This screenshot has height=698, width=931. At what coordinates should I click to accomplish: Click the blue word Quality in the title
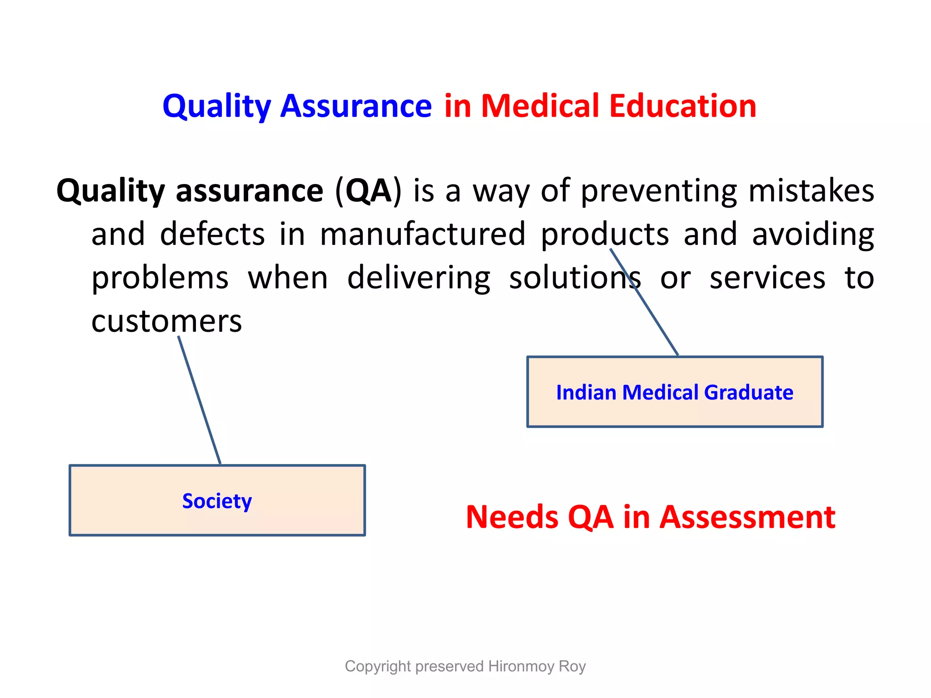click(x=216, y=106)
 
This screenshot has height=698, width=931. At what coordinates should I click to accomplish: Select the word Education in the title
click(x=682, y=106)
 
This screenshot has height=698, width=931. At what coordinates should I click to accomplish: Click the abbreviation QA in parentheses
click(x=368, y=191)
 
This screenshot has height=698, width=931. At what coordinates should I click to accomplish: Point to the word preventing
click(x=659, y=191)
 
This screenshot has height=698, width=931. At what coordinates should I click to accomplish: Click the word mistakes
click(x=811, y=191)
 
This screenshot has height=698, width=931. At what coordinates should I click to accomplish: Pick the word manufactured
click(x=423, y=234)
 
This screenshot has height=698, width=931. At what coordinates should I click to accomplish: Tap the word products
click(x=605, y=234)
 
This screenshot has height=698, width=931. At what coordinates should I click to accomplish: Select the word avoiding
click(x=813, y=234)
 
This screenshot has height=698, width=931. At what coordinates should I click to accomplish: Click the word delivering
click(x=419, y=278)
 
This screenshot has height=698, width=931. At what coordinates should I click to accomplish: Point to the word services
click(x=767, y=278)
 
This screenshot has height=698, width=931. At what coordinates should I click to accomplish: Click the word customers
click(x=166, y=321)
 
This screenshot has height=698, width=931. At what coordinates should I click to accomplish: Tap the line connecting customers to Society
click(x=199, y=400)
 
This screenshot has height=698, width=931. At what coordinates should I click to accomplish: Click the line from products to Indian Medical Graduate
click(x=655, y=318)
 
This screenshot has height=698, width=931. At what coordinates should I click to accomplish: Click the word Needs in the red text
click(x=512, y=518)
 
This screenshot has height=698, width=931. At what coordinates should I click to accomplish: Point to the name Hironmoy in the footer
click(x=521, y=666)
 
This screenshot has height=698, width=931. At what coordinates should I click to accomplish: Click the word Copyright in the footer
click(x=378, y=666)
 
